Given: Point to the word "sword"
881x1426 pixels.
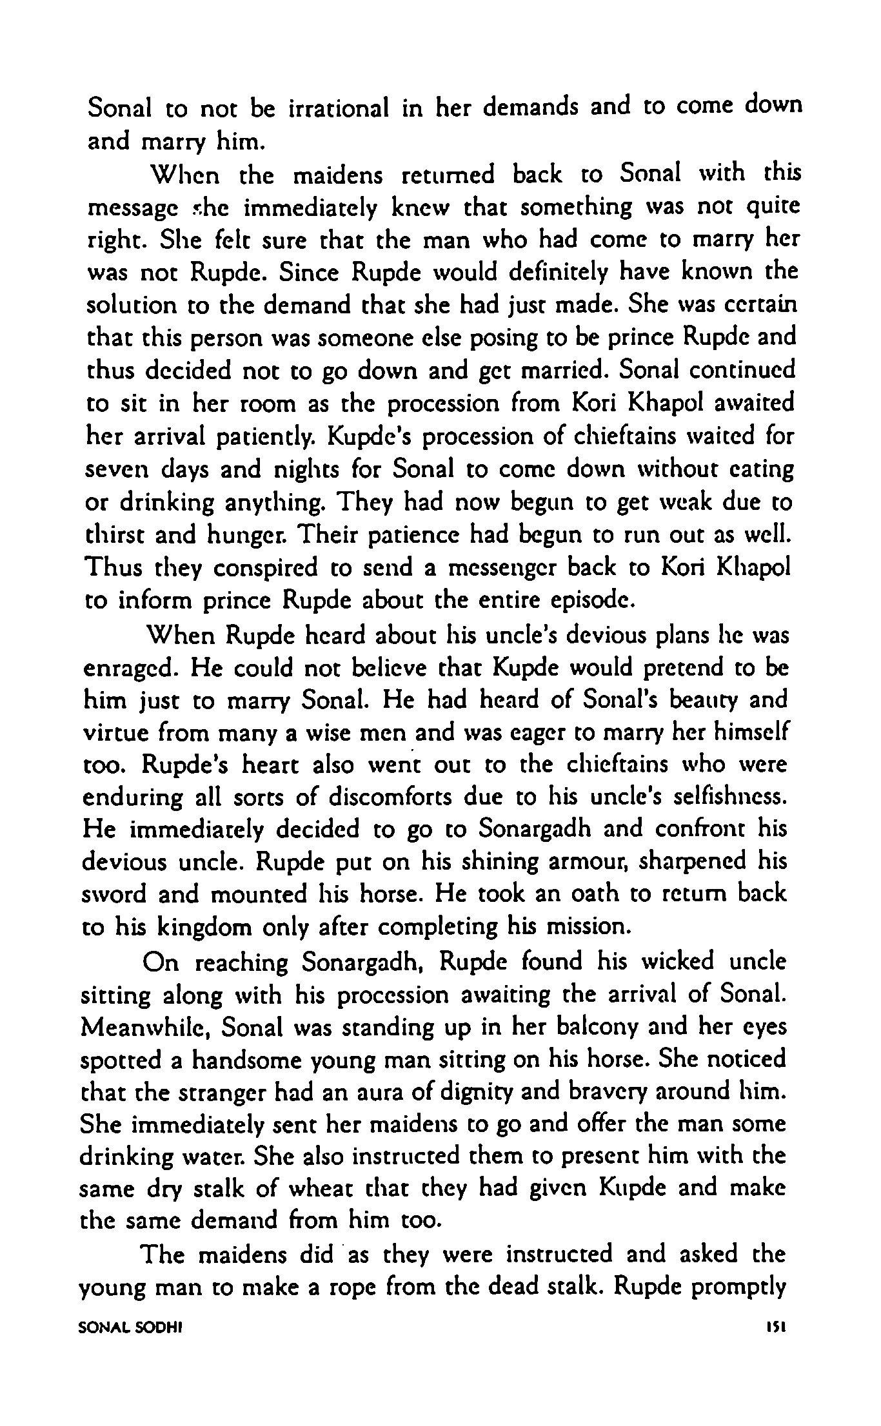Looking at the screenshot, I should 112,895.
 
